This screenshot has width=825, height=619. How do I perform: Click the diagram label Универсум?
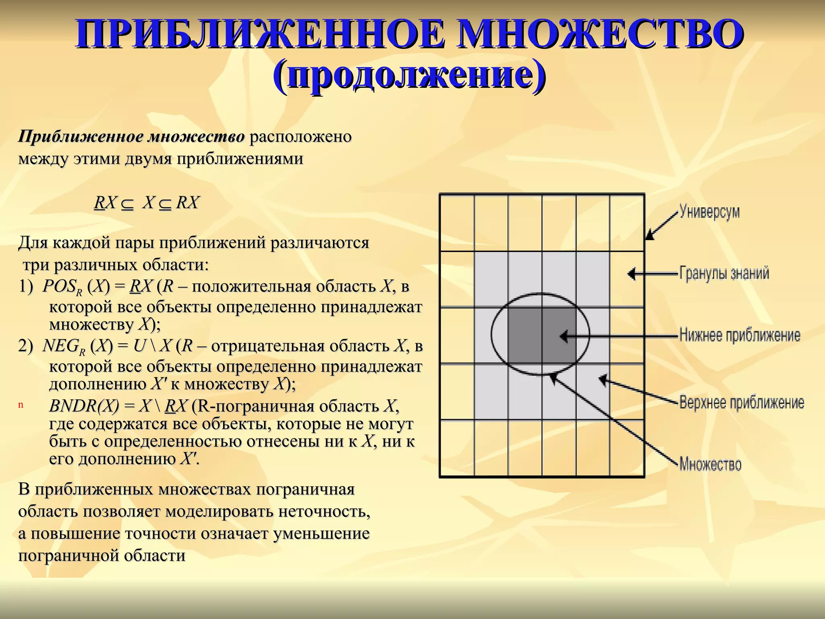pyautogui.click(x=709, y=212)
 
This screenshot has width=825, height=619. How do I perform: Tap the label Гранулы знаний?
pyautogui.click(x=724, y=273)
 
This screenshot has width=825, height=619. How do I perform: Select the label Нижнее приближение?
pyautogui.click(x=740, y=335)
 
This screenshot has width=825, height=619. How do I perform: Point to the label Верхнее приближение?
pyautogui.click(x=742, y=403)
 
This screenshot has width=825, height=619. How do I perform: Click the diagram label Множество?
pyautogui.click(x=710, y=464)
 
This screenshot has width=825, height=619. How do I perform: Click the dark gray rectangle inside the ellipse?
pyautogui.click(x=542, y=335)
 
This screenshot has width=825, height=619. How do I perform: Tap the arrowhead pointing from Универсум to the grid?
pyautogui.click(x=650, y=235)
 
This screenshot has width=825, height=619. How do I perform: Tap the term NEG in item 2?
pyautogui.click(x=60, y=346)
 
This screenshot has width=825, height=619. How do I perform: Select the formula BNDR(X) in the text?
pyautogui.click(x=84, y=406)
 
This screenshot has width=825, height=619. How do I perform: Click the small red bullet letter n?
pyautogui.click(x=21, y=405)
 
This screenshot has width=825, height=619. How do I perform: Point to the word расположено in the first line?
pyautogui.click(x=301, y=137)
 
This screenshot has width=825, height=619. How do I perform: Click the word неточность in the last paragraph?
pyautogui.click(x=324, y=511)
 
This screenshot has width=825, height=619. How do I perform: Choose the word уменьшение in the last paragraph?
pyautogui.click(x=321, y=533)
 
